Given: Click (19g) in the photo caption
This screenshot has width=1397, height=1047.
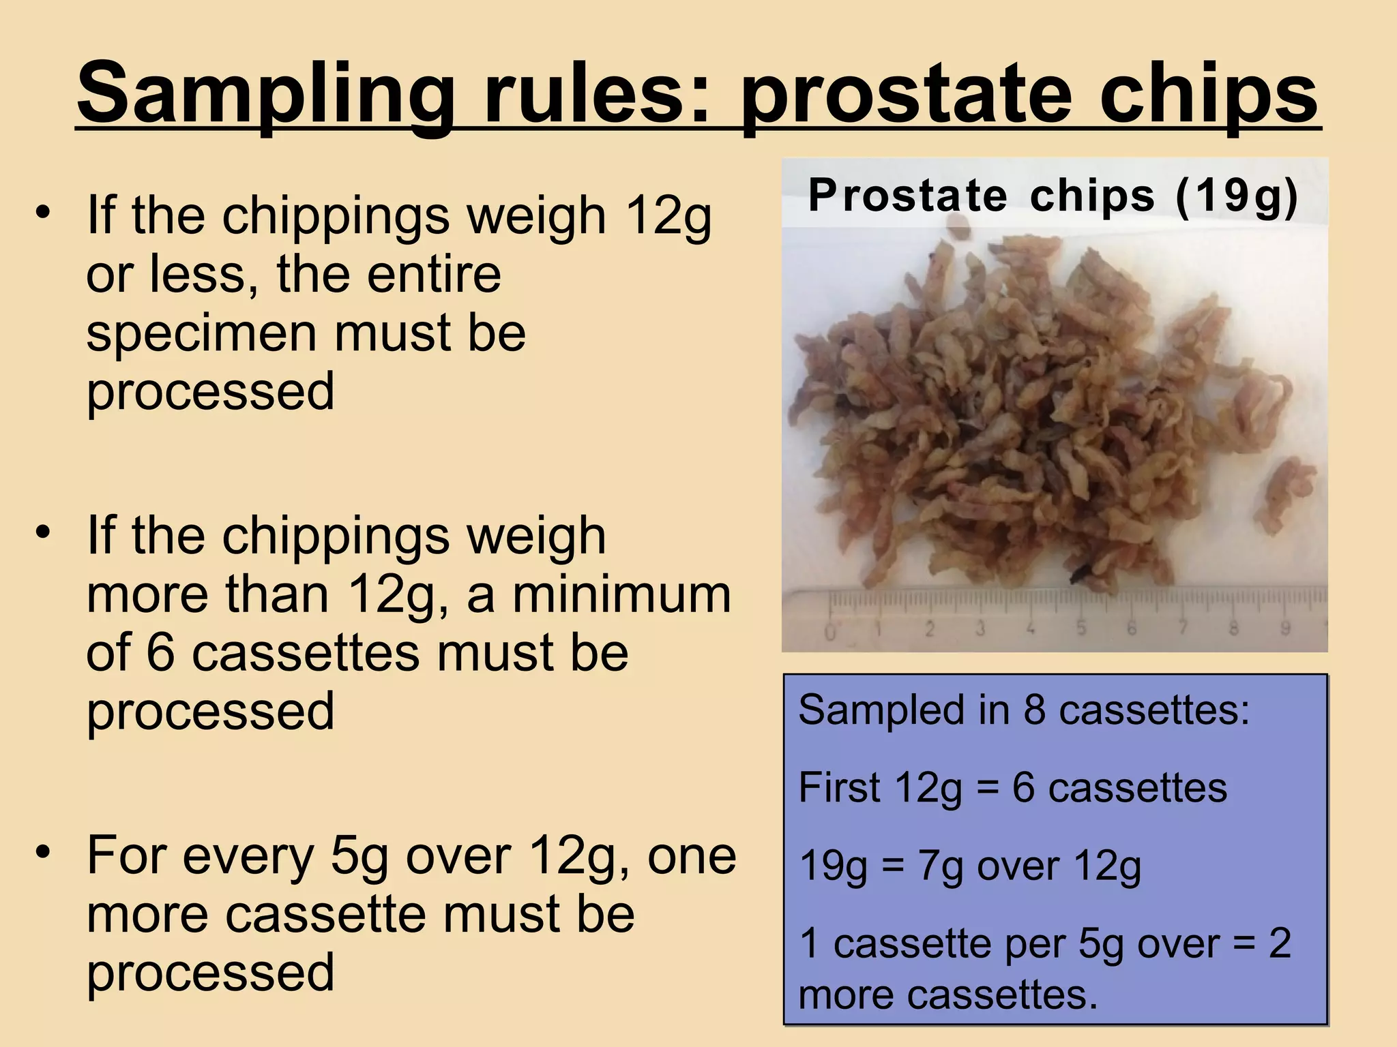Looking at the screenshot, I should click(1236, 197).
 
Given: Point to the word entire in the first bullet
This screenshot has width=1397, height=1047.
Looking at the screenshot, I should click(389, 274).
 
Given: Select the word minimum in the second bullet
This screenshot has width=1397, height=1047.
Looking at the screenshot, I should click(621, 594).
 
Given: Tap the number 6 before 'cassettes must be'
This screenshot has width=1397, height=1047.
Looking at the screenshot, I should click(161, 653).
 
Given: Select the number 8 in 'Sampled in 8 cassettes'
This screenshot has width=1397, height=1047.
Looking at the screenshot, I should click(1034, 710).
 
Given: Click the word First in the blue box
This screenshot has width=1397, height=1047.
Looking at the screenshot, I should click(838, 788).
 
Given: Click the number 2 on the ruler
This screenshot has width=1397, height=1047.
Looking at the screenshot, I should click(930, 629).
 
